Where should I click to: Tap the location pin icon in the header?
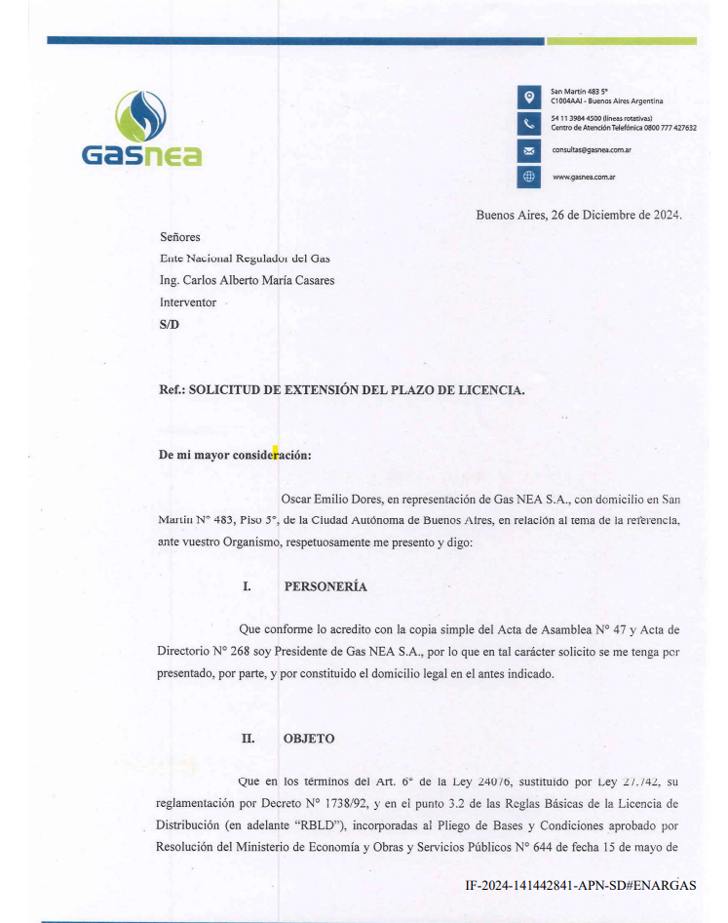click(x=528, y=97)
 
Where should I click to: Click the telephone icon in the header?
click(x=528, y=123)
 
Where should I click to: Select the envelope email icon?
click(x=528, y=150)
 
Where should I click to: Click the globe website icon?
click(x=528, y=177)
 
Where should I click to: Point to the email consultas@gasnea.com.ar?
click(x=592, y=150)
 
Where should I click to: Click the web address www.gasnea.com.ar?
click(x=583, y=178)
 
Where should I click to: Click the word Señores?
click(x=179, y=237)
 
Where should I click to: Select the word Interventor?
click(x=188, y=302)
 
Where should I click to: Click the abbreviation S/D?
click(x=170, y=325)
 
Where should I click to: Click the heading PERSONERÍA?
click(x=326, y=587)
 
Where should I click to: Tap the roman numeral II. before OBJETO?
click(x=249, y=739)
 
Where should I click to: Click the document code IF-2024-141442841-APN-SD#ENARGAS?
click(x=581, y=886)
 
